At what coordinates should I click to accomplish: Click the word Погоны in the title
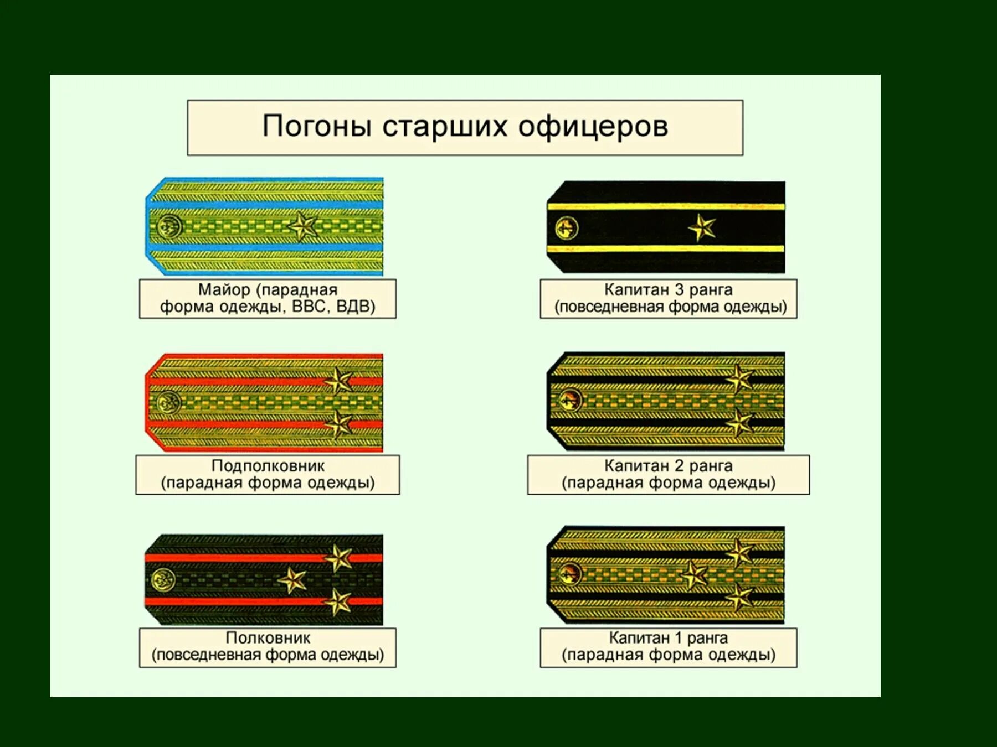click(317, 127)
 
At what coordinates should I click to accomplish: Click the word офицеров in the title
click(593, 127)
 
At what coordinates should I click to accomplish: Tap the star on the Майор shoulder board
click(302, 226)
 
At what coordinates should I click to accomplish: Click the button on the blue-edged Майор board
click(169, 226)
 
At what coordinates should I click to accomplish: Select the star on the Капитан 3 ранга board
click(702, 227)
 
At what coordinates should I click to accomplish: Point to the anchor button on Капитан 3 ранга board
click(566, 227)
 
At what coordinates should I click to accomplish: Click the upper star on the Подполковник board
click(338, 381)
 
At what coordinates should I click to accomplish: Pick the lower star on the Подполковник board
click(338, 424)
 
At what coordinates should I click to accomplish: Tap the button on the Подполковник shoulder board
click(168, 402)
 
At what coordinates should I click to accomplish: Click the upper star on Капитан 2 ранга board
click(739, 378)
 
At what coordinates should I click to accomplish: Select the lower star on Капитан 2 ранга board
click(739, 423)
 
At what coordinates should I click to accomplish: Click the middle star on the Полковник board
click(292, 580)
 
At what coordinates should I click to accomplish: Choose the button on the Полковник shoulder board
click(163, 580)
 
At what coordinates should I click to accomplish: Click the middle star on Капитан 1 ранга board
click(693, 575)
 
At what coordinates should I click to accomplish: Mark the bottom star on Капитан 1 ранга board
click(739, 598)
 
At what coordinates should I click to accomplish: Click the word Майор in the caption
click(224, 290)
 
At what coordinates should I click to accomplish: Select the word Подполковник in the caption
click(268, 466)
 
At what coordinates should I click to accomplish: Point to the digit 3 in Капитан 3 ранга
click(679, 290)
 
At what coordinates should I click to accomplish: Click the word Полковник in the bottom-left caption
click(268, 638)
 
